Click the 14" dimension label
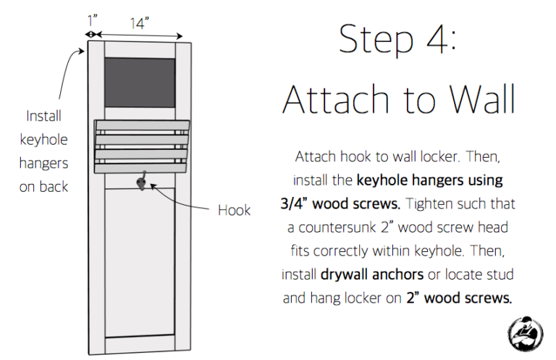[139, 22]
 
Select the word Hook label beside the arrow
[234, 210]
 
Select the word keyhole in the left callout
[43, 139]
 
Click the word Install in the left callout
[43, 116]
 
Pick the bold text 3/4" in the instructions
[297, 204]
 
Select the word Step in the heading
[375, 41]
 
